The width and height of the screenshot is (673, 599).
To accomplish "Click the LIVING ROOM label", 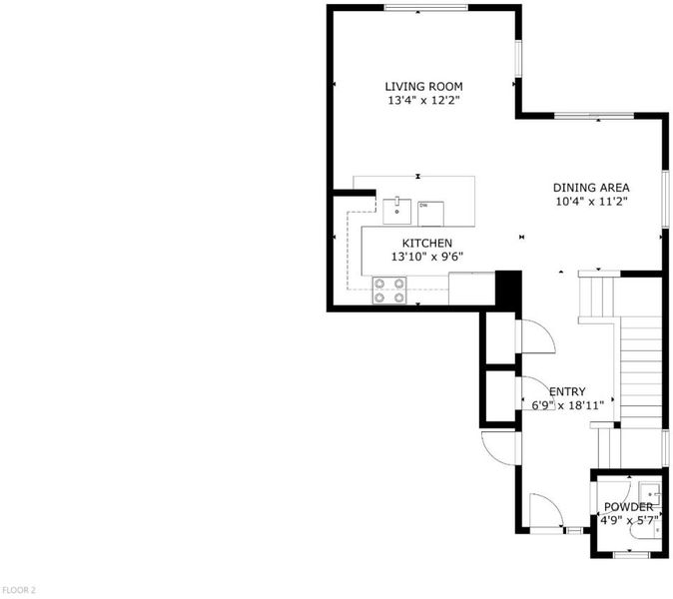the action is [423, 87].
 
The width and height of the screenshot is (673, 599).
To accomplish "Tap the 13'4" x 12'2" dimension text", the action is [424, 101].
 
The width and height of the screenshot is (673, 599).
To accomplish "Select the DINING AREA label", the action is [591, 188].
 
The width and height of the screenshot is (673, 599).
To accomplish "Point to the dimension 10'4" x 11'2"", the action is [592, 202].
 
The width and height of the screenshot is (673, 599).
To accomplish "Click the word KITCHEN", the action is [427, 244].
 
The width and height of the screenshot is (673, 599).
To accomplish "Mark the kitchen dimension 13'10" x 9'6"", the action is [427, 257].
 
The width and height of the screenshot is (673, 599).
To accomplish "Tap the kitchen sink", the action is [397, 211].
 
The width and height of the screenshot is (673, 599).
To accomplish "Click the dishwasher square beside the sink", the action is [431, 214].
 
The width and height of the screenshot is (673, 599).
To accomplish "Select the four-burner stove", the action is [389, 291].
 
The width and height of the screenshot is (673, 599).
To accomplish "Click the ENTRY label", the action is [567, 391].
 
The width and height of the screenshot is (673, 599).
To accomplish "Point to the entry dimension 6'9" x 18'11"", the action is [568, 405].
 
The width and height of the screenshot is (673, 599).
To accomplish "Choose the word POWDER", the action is [628, 507].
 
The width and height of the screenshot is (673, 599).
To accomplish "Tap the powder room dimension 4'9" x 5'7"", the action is [629, 521].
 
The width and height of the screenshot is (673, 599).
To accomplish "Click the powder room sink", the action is [649, 493].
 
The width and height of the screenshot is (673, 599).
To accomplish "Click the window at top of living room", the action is [425, 7].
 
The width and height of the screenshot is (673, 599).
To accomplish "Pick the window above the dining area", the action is [594, 116].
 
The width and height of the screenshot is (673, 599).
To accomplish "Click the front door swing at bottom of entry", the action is [546, 510].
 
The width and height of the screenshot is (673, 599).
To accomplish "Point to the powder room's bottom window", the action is [631, 555].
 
